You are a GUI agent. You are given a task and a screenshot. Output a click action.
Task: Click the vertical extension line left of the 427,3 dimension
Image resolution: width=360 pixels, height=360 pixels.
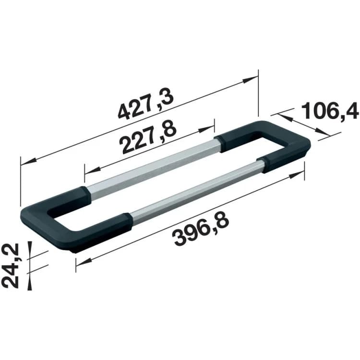(21, 182)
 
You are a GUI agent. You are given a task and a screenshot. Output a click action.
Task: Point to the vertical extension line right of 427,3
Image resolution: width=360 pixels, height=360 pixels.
(259, 94)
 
